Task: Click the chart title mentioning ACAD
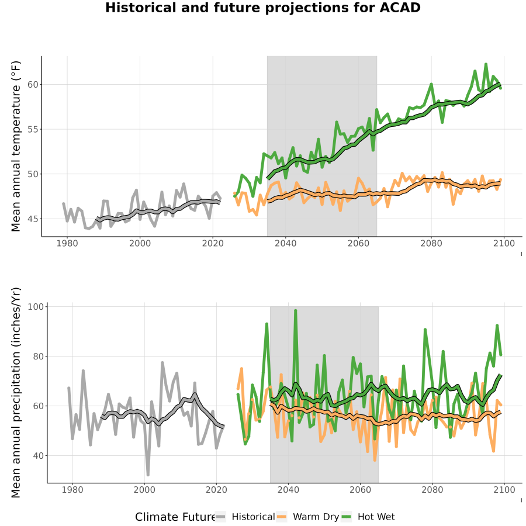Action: tap(262, 8)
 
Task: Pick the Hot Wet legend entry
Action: tap(368, 517)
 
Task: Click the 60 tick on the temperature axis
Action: tap(33, 85)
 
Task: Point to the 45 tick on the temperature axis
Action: tap(33, 219)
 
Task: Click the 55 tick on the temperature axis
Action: tap(33, 130)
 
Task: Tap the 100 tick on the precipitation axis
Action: tap(36, 307)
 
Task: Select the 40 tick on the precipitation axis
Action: tap(38, 456)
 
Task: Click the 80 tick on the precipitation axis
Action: tap(38, 357)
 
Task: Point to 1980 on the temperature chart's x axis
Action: tap(67, 243)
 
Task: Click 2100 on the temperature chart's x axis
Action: tap(504, 243)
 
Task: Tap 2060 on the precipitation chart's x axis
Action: tap(360, 490)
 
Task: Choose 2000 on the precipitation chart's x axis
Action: tap(144, 490)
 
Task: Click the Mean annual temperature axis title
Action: tap(16, 146)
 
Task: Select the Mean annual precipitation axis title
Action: tap(16, 393)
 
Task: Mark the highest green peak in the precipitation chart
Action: tap(296, 310)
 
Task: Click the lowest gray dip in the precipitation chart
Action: tap(148, 475)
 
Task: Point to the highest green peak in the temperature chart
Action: tap(486, 64)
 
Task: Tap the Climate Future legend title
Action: tap(175, 517)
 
